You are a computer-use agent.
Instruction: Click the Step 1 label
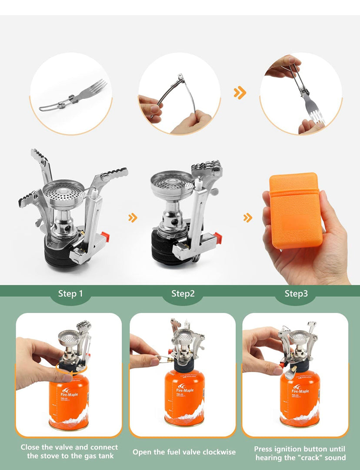tap(70, 294)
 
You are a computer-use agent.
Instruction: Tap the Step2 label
tap(183, 294)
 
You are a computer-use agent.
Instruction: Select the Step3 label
tap(296, 294)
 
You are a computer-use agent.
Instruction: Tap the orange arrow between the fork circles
tap(240, 93)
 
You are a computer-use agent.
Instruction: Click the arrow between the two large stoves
tap(133, 218)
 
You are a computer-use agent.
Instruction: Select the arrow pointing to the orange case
tap(247, 218)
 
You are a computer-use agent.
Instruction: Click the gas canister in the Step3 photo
tap(300, 398)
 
